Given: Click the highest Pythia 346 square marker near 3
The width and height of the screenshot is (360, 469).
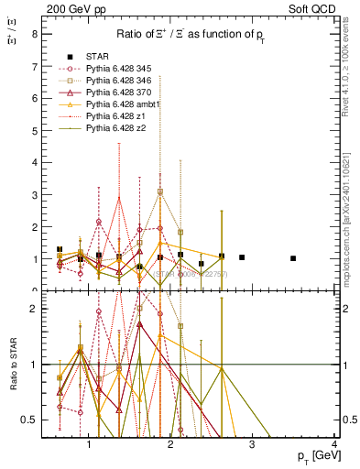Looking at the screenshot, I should [x=160, y=191].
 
